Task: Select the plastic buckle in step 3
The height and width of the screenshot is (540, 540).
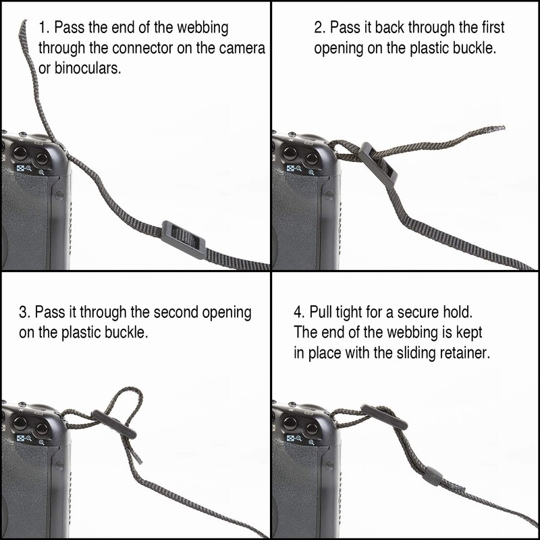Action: coord(114,426)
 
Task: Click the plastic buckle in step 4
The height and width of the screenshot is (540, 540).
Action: coord(383,417)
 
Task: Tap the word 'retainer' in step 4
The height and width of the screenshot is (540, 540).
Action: coord(460,353)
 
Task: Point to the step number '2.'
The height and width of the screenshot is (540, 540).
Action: coord(319,28)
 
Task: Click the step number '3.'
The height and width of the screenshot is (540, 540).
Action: coord(24,313)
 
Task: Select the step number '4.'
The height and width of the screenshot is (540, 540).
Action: coord(300,313)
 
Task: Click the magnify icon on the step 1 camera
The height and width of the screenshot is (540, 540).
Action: coord(42,172)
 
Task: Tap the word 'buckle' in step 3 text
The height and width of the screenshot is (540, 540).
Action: coord(127,333)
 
